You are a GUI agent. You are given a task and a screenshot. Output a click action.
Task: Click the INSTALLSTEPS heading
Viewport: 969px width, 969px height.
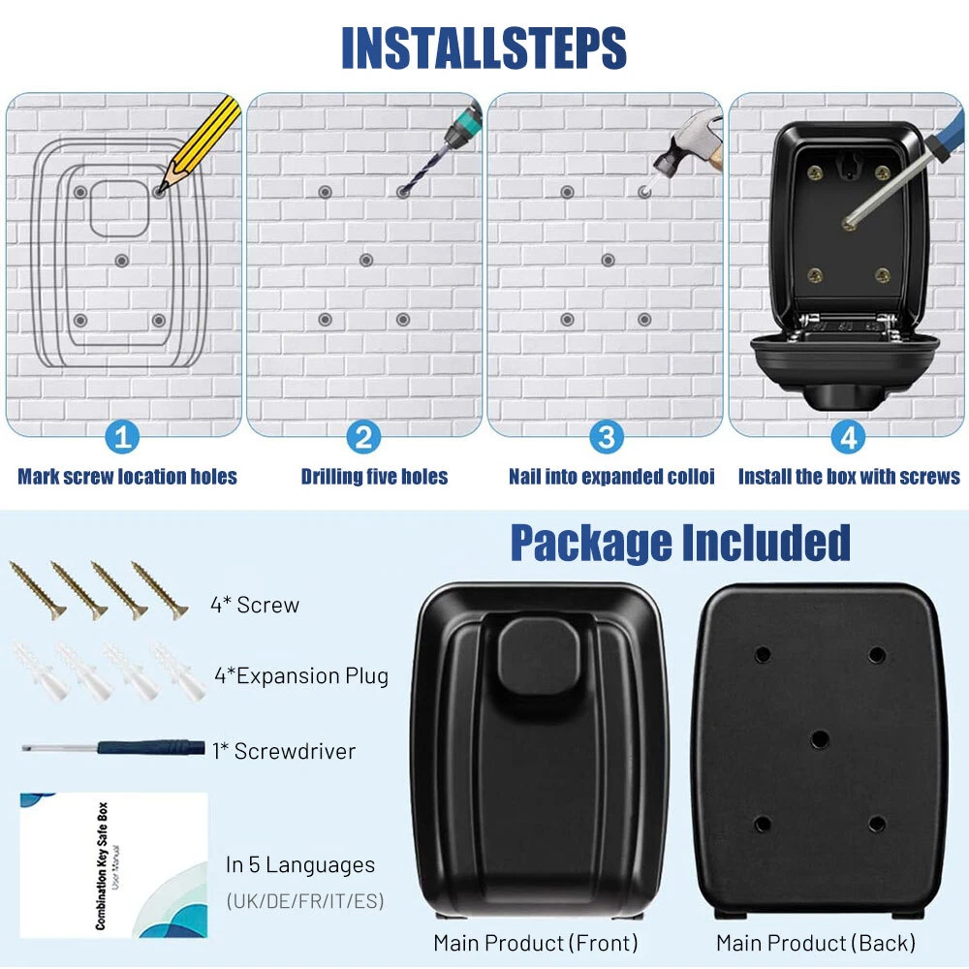point(484,47)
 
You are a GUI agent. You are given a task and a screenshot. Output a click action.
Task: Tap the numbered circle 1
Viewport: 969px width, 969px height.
point(122,438)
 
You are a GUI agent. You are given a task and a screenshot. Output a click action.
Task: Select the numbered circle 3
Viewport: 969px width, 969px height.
point(607,438)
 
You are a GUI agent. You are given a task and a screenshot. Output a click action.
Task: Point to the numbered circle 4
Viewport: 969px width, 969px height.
point(848,438)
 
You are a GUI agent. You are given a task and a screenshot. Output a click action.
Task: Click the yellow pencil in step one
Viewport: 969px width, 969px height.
point(200,143)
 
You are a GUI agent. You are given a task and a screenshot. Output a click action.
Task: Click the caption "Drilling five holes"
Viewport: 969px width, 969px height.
point(374,477)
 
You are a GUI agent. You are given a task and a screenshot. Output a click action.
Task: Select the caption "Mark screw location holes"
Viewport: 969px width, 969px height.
point(127,477)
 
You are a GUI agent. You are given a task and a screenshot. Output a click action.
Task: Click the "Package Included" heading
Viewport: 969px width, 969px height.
point(680,543)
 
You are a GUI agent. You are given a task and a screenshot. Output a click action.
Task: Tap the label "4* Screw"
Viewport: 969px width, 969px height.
point(255,605)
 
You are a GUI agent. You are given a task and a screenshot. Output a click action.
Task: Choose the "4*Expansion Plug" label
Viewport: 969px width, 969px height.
point(301,675)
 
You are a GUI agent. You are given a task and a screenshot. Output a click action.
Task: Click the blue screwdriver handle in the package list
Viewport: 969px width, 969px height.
point(151,748)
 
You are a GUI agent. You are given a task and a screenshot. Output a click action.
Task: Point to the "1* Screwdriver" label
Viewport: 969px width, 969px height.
point(284,751)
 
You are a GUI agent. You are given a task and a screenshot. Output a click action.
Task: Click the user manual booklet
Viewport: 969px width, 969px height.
point(113,865)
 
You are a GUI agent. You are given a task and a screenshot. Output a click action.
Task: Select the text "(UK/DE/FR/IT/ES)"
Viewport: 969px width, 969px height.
point(305,901)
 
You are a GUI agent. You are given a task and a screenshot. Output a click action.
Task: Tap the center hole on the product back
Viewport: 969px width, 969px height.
point(820,738)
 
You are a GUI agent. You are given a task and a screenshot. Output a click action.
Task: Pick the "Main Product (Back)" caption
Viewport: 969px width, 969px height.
point(816,943)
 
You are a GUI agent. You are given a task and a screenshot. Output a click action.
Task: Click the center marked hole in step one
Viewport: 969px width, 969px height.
point(122,261)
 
